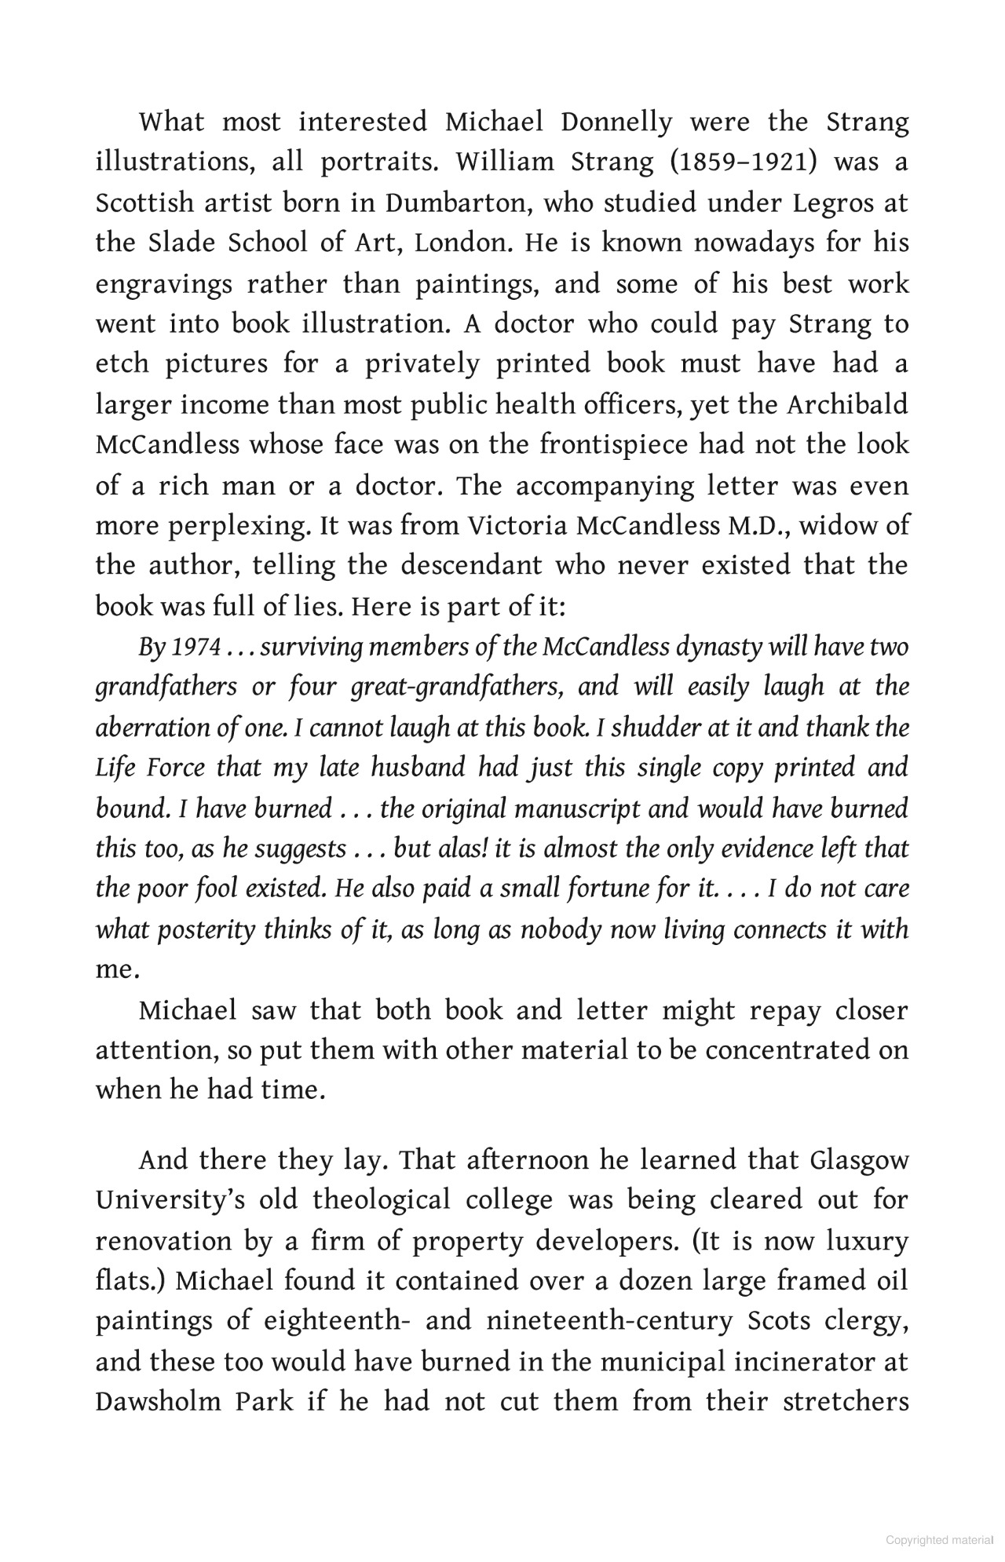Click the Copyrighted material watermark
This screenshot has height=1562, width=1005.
point(938,1540)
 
